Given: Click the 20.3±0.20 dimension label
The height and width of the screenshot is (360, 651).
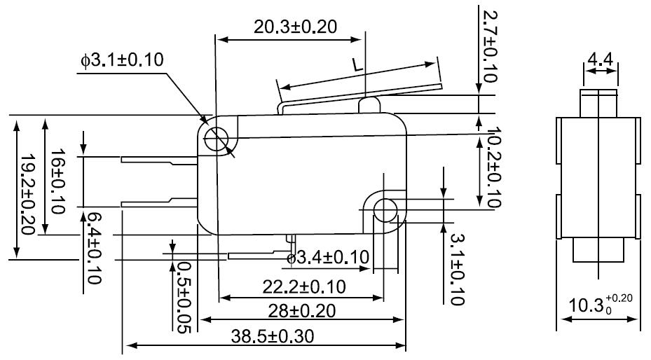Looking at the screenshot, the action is [295, 27].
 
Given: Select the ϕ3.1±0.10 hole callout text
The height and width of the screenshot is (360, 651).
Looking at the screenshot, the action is [122, 60].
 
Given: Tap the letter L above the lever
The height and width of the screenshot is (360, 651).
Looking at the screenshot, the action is [357, 64].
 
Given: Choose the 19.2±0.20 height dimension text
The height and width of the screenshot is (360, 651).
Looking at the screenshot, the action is [27, 195].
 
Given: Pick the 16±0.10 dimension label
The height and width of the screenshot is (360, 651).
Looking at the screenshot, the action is [57, 181].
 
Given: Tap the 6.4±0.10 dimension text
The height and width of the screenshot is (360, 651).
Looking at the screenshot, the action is [93, 248].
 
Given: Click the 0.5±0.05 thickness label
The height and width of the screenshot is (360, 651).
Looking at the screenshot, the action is [183, 297].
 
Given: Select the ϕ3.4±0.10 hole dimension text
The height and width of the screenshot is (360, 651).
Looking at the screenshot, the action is [328, 257].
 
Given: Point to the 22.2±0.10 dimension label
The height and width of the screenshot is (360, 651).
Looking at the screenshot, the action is [304, 286].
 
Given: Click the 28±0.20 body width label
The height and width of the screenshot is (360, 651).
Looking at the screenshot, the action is [301, 311].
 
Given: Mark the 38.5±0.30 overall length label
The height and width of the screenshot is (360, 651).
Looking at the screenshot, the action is [273, 336].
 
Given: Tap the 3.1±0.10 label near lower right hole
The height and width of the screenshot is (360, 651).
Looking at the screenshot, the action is [457, 270].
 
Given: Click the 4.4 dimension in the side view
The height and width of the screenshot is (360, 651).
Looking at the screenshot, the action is [601, 60].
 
